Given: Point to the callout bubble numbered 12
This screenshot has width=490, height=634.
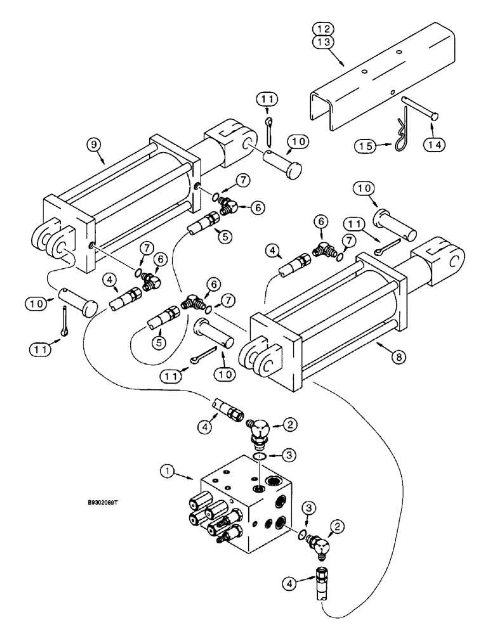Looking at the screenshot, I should pos(324,29).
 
